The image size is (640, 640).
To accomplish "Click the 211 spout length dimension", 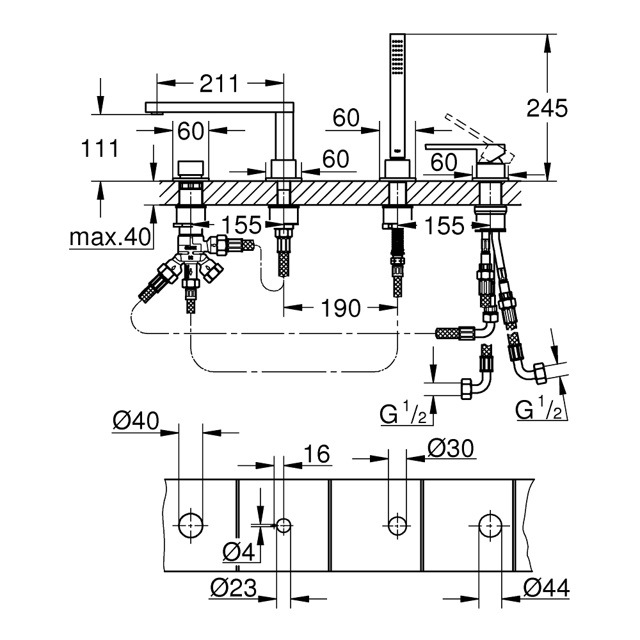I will click(x=218, y=83).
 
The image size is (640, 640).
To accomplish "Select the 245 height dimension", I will click(x=547, y=108).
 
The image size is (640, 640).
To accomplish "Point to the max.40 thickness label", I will click(x=110, y=237).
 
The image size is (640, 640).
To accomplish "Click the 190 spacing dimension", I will click(x=340, y=308).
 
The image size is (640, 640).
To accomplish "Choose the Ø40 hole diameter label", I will click(x=135, y=421).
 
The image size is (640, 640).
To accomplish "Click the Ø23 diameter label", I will click(x=234, y=586).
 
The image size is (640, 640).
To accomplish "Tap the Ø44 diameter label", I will click(x=546, y=586).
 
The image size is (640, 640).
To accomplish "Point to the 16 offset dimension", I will click(x=317, y=454).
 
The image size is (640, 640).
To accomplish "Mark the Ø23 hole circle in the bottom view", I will click(x=284, y=526).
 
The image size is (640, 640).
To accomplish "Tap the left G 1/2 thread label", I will click(x=404, y=414).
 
